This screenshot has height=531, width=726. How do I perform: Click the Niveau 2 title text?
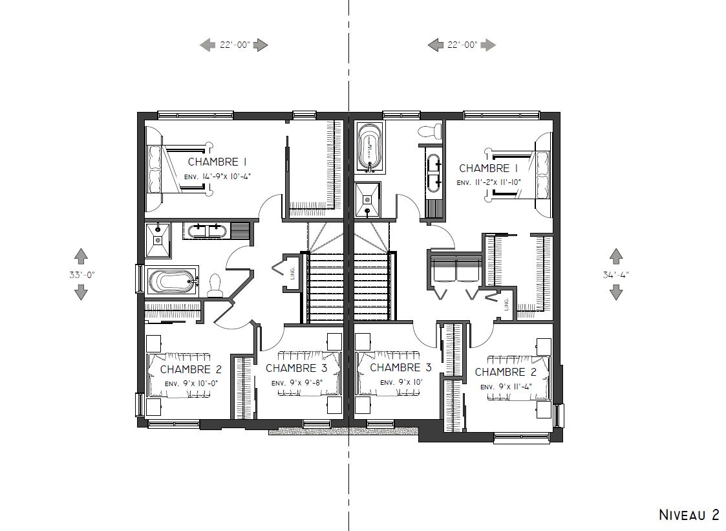(x=689, y=514)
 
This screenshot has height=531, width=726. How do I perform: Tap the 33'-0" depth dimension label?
(x=82, y=274)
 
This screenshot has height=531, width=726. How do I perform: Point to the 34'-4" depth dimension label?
(x=616, y=275)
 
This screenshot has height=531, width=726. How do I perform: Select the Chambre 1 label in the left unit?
(x=217, y=162)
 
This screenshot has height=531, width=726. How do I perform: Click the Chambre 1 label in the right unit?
(x=488, y=168)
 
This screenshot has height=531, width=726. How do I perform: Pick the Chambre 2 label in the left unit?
(x=191, y=369)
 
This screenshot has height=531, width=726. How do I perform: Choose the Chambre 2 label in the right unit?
(x=506, y=372)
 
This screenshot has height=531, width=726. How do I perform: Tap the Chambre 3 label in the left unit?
(x=296, y=368)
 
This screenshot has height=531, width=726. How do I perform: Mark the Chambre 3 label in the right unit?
(x=401, y=367)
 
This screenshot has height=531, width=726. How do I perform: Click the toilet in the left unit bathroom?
(x=215, y=286)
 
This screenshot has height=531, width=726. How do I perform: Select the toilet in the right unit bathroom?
(x=430, y=131)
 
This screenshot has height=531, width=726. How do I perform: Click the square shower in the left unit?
(x=158, y=240)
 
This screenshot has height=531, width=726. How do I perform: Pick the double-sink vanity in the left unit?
(x=206, y=231)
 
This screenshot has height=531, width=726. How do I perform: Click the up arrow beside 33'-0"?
(x=81, y=256)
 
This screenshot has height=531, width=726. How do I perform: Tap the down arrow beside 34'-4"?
(x=616, y=293)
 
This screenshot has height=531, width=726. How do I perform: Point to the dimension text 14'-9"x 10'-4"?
(x=217, y=177)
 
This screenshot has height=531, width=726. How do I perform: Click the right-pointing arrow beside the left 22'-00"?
(x=261, y=45)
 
